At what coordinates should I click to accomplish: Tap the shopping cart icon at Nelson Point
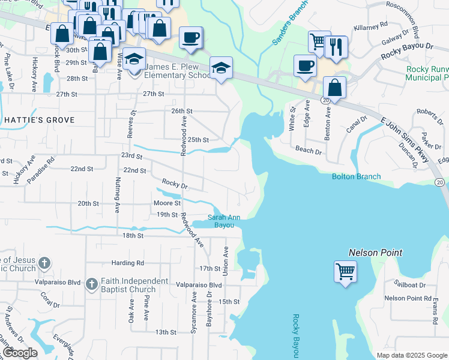(x=345, y=272)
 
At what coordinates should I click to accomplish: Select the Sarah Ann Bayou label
(x=224, y=221)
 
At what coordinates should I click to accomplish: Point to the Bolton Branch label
(x=357, y=176)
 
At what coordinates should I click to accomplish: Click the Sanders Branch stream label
(x=290, y=23)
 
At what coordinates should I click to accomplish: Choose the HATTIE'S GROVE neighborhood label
(x=40, y=120)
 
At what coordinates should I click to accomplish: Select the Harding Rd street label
(x=128, y=263)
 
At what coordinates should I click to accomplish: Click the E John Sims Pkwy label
(x=405, y=140)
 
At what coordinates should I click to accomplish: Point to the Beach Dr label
(x=309, y=150)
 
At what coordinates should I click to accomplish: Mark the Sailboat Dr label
(x=409, y=284)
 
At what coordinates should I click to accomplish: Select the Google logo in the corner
(x=20, y=353)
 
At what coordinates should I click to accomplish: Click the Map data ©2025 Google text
(x=411, y=355)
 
